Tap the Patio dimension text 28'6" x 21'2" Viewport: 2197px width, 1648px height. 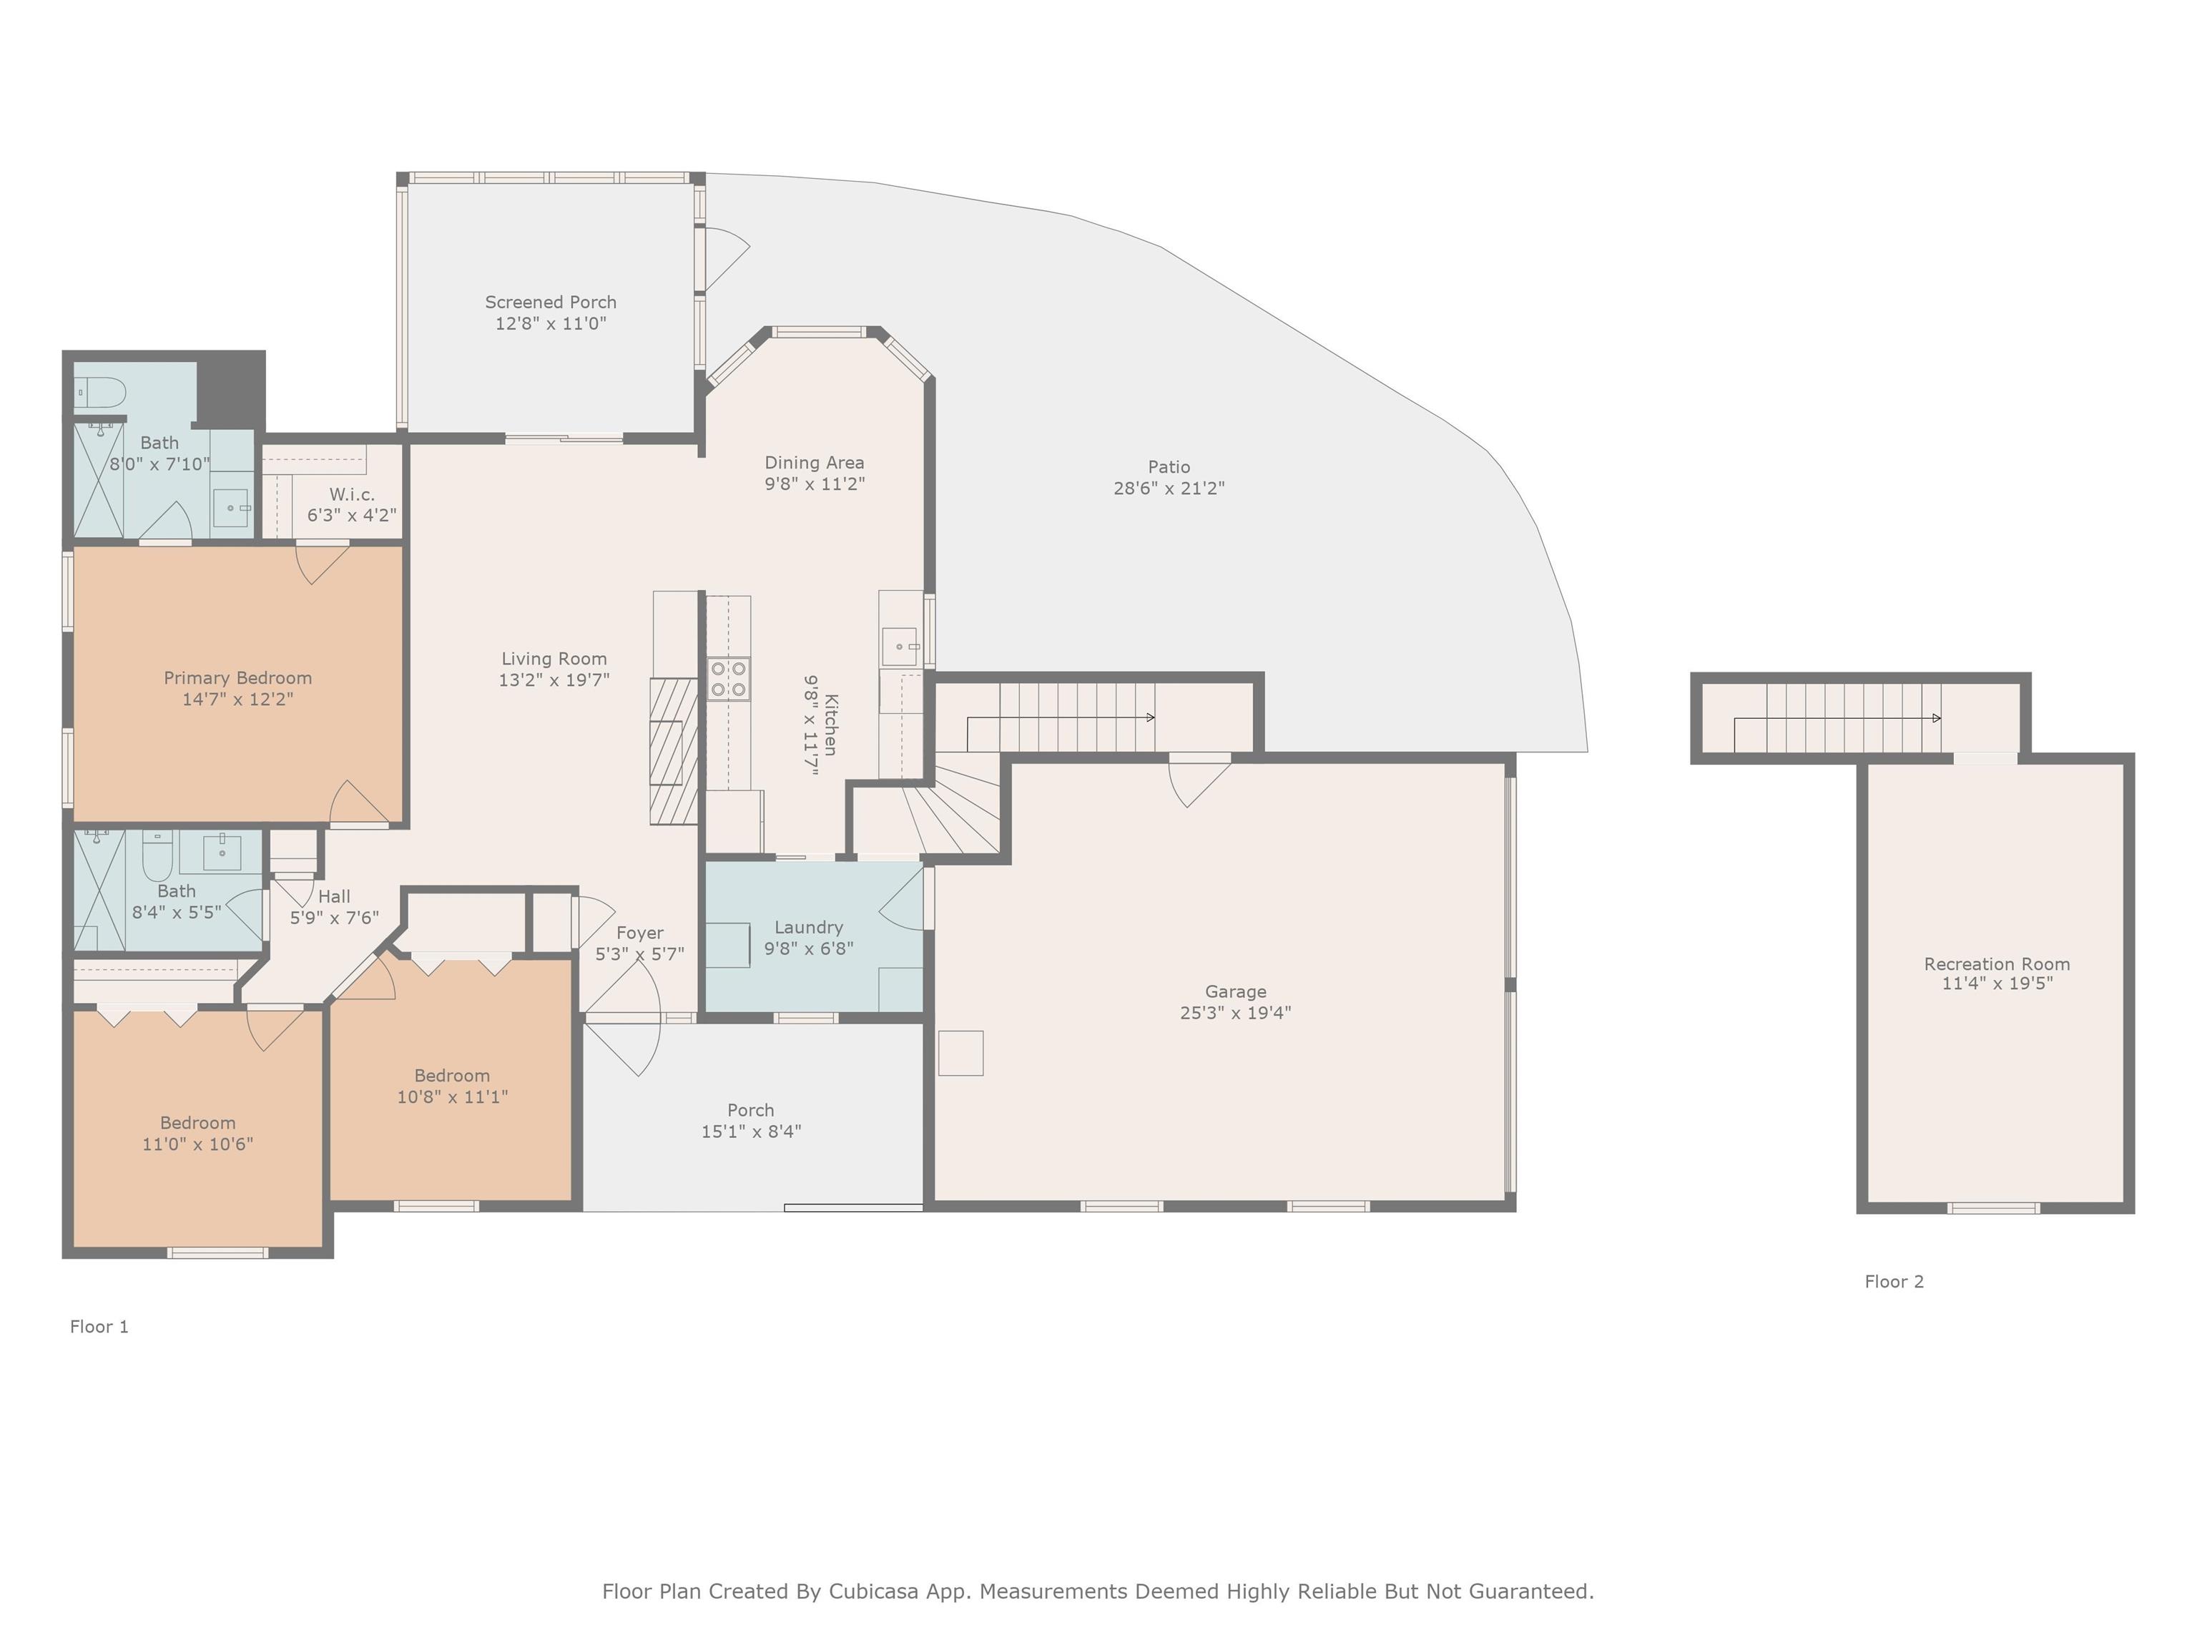coord(1169,488)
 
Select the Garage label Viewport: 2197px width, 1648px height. coord(1236,991)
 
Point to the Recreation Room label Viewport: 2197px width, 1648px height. coord(1996,963)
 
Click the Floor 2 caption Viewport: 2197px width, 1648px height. coord(1894,1282)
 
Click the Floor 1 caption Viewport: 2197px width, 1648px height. coord(99,1326)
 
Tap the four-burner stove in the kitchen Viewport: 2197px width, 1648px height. coord(728,680)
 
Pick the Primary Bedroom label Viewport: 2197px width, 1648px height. coord(237,677)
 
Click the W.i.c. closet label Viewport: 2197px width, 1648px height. coord(352,494)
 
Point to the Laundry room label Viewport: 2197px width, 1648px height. coord(808,927)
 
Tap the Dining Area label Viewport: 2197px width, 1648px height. coord(815,462)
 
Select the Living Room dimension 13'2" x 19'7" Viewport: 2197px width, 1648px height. coord(554,680)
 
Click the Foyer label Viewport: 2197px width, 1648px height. coord(639,933)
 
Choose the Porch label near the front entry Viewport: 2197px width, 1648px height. coord(751,1109)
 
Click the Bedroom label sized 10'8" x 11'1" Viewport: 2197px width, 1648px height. coord(452,1075)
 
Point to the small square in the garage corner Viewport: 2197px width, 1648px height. coord(960,1053)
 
